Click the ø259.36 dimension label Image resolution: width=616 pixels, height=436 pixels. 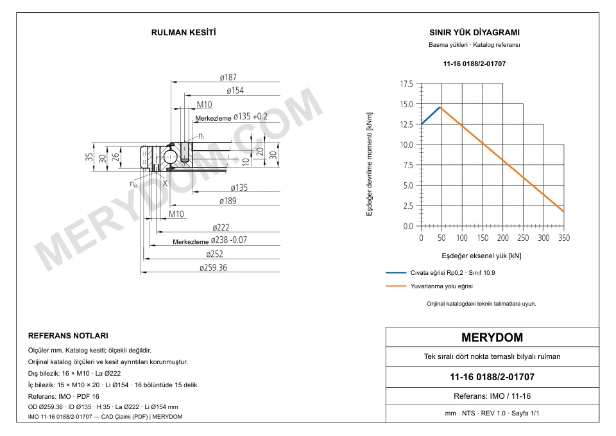[213, 268]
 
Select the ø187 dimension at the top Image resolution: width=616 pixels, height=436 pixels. [228, 78]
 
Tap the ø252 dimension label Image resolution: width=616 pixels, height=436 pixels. [214, 254]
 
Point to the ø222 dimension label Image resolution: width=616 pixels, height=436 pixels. [221, 228]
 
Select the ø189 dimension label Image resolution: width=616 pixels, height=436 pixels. [228, 201]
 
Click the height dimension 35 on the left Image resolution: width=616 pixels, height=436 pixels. [89, 157]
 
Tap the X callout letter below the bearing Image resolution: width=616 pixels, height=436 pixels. [165, 183]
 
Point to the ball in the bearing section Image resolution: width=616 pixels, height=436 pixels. [170, 157]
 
